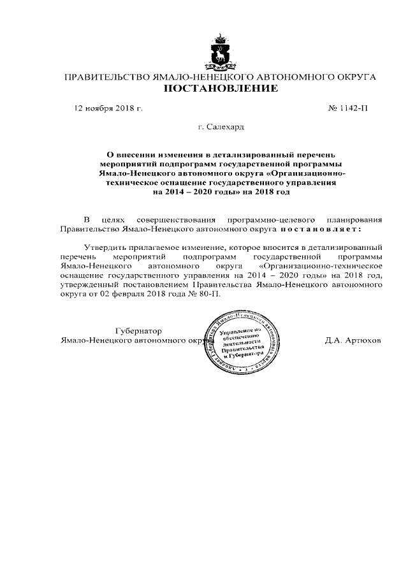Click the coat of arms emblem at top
221,48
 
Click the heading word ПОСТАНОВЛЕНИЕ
221,89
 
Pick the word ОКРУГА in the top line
353,77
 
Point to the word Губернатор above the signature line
138,331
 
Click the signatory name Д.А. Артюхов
353,340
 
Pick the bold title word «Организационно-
308,173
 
